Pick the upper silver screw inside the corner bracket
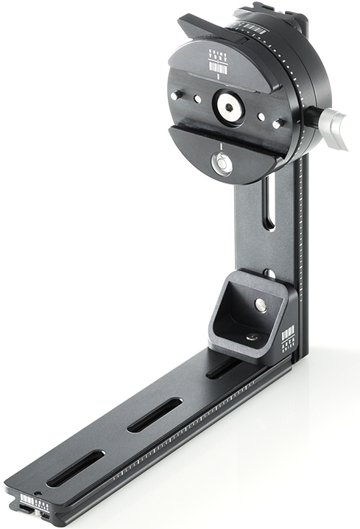coord(261,304)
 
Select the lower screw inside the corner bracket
coord(252,337)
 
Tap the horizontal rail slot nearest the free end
coord(76,468)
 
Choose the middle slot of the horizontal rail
coord(155,416)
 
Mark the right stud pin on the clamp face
coord(276,124)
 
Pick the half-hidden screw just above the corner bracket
coord(269,273)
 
